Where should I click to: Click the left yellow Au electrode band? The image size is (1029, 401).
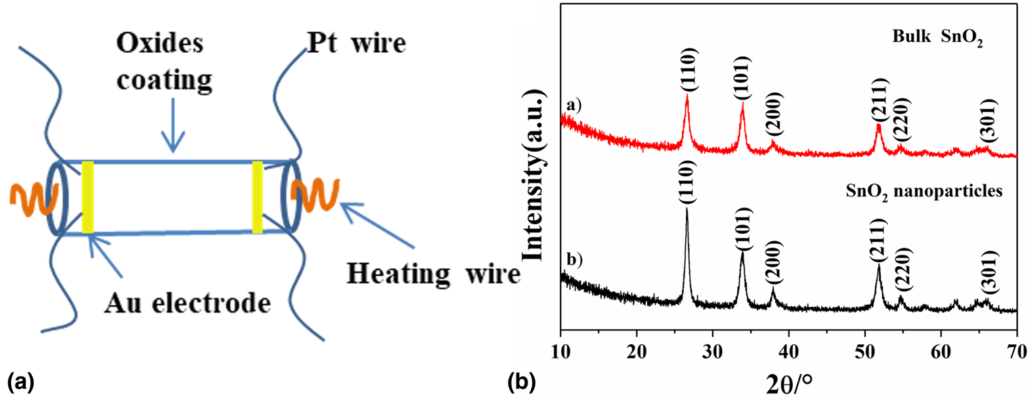point(87,197)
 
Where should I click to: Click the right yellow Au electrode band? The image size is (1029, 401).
point(257,197)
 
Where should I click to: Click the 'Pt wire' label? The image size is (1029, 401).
point(355,44)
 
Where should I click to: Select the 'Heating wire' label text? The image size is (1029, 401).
point(433,274)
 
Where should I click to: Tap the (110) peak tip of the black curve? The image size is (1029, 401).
point(686,209)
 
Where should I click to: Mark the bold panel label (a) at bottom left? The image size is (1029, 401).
point(20,383)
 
